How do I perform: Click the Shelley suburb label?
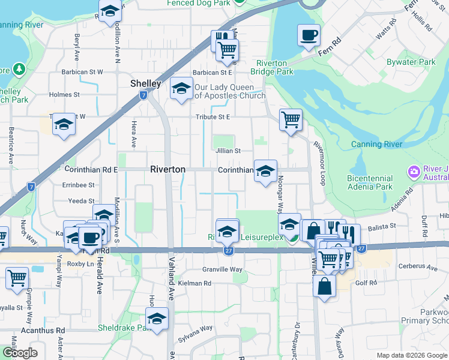coord(146,83)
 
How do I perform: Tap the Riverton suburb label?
coord(167,170)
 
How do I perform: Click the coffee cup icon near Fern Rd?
coord(309,35)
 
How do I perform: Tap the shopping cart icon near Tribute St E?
coord(291,119)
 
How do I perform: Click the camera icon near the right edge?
coord(414,173)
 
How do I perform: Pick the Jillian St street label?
coord(228,151)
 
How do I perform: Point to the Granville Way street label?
coord(222,269)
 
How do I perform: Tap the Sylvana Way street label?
coord(198,328)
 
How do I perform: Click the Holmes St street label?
coord(64,95)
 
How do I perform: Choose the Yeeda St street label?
coord(82,201)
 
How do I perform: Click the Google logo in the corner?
coord(20,352)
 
